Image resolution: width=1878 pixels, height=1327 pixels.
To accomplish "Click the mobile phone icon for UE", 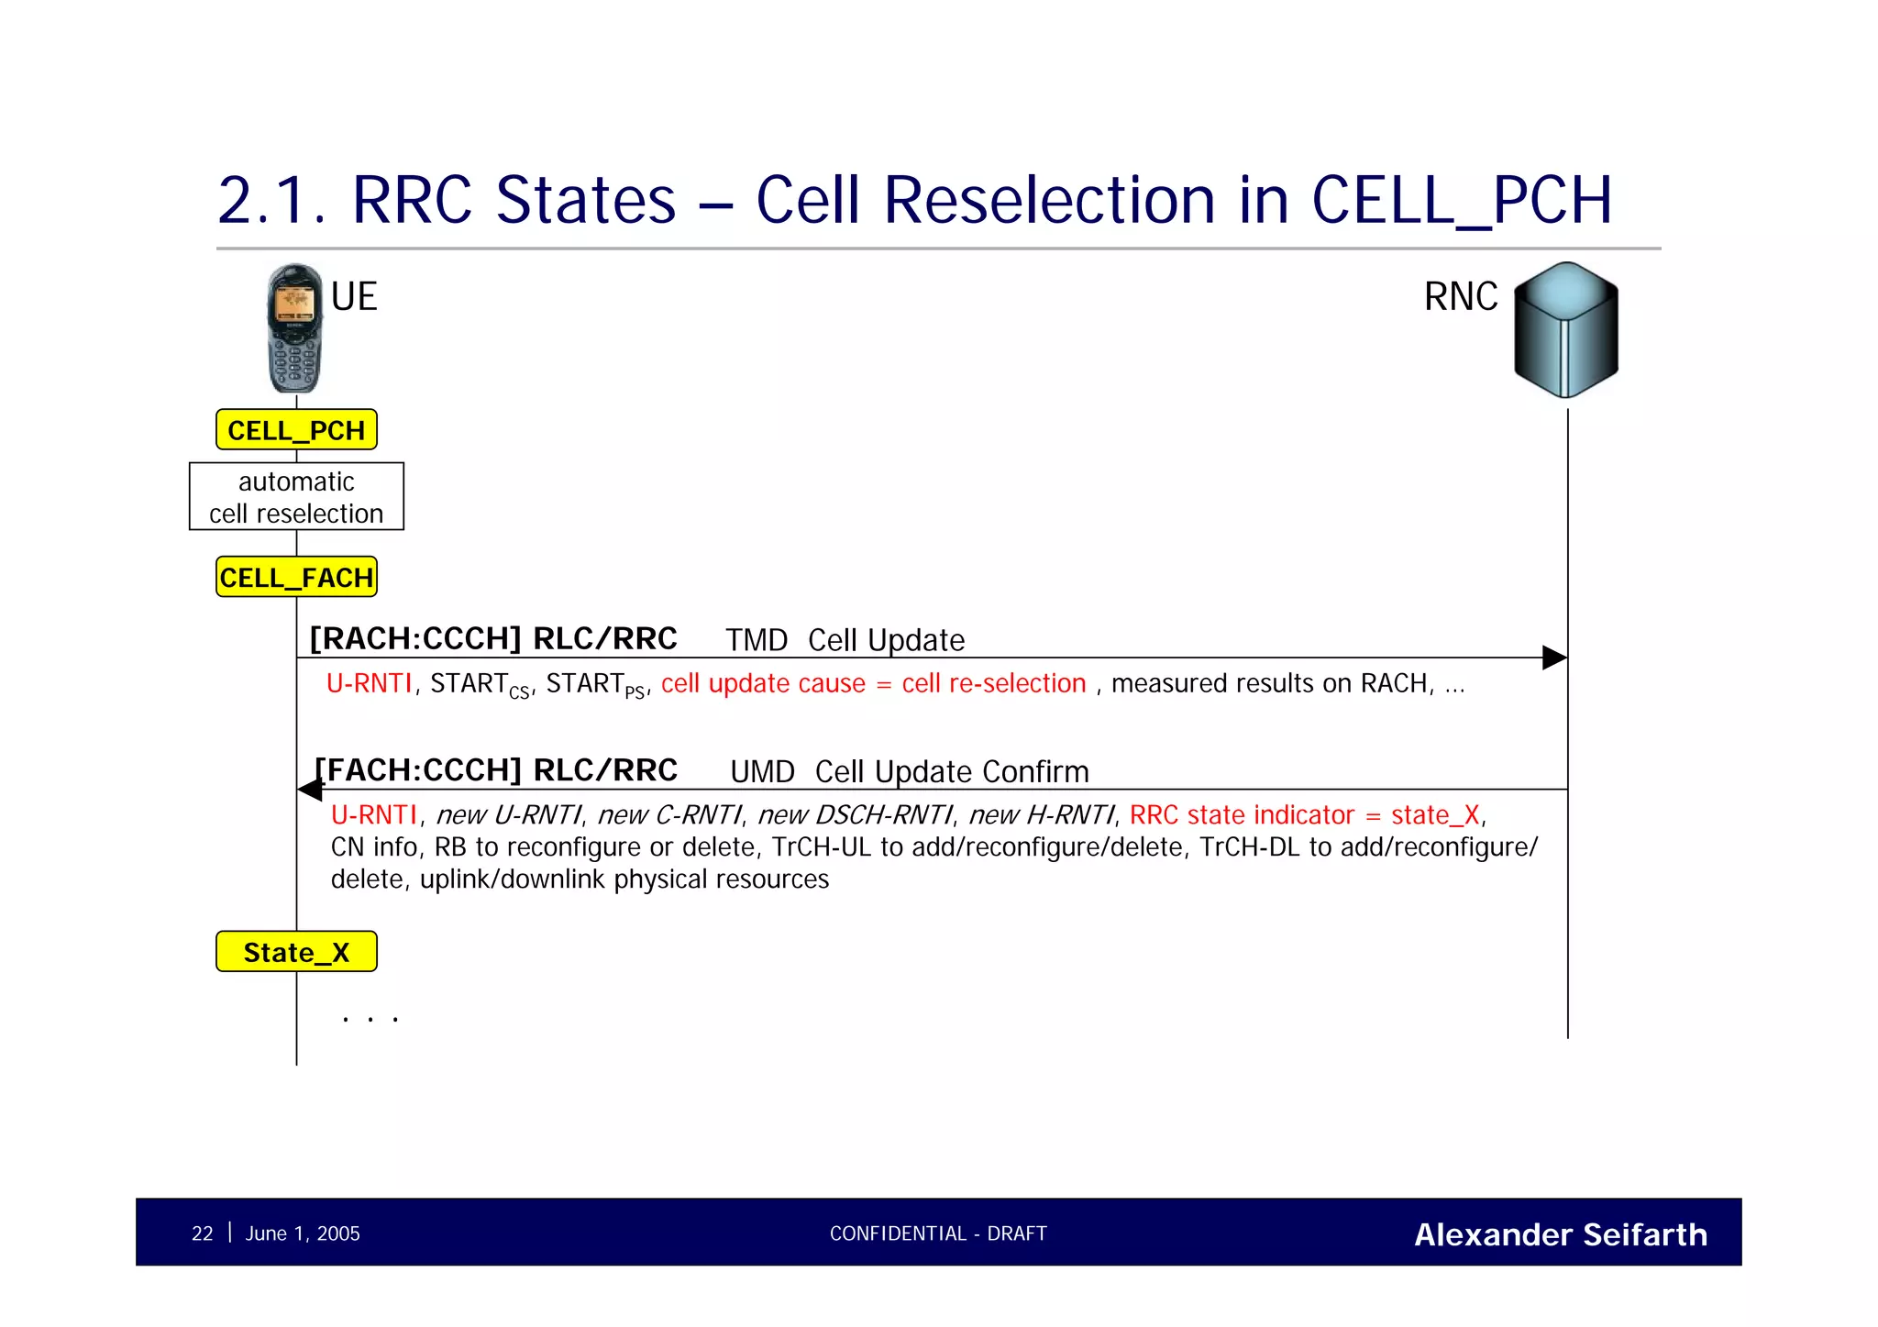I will (x=294, y=328).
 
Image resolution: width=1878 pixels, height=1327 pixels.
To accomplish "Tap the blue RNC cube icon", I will (x=1565, y=330).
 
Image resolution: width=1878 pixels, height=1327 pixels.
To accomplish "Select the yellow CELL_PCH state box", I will (x=296, y=430).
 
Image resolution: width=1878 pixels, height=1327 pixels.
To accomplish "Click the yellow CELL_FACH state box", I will (x=296, y=578).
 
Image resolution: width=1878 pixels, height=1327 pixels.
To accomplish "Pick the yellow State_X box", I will (x=296, y=952).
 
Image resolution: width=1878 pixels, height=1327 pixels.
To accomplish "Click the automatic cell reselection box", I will (x=296, y=497).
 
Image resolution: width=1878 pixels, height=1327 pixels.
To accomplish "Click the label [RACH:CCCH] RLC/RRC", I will (x=493, y=638).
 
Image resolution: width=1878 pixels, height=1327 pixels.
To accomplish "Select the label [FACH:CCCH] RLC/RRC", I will (x=496, y=770).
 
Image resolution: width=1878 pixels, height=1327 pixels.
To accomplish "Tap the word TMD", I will (x=757, y=640).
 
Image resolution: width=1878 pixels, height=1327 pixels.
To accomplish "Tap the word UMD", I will (x=762, y=772).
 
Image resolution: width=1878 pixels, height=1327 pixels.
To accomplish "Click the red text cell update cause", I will (x=763, y=684).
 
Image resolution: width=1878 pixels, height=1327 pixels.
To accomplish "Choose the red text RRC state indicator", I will (x=1242, y=815).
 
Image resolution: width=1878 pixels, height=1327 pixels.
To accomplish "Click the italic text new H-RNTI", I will (x=1042, y=815).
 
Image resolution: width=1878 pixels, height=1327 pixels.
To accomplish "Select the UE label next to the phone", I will (x=354, y=297).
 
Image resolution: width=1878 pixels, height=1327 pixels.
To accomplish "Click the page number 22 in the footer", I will (x=202, y=1233).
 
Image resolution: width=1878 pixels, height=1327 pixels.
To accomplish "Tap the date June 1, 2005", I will (x=303, y=1233).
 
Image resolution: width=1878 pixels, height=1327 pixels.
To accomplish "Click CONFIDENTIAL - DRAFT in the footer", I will (x=938, y=1233).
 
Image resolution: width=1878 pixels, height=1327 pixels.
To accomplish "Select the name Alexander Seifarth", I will (x=1560, y=1234).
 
